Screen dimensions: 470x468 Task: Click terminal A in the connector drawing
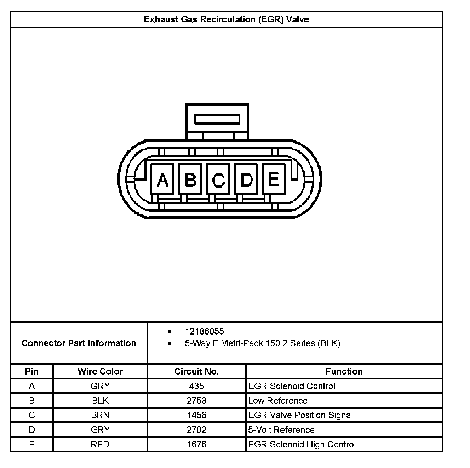click(x=162, y=179)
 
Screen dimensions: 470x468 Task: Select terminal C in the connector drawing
click(x=218, y=179)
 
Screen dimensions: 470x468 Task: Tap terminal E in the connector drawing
click(x=274, y=179)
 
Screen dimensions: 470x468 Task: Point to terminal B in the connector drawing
click(x=190, y=179)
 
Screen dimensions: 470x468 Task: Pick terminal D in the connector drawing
click(x=246, y=179)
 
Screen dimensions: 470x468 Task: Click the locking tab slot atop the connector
click(x=217, y=119)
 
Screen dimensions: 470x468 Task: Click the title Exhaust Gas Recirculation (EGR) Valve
click(x=226, y=19)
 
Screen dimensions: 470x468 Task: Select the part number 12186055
click(x=204, y=331)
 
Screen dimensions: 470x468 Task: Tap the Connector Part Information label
click(x=79, y=343)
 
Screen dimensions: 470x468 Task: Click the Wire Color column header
click(x=100, y=371)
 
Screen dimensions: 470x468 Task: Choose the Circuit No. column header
click(x=196, y=371)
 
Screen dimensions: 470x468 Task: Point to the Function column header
click(x=344, y=371)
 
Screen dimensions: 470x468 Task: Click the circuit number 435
click(x=196, y=386)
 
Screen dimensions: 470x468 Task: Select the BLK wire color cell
click(x=100, y=400)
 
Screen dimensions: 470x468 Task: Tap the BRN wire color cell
click(x=100, y=415)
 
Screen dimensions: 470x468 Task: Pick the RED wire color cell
click(x=100, y=444)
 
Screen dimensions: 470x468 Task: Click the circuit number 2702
click(x=196, y=430)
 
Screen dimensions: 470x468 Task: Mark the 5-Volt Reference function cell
click(x=281, y=430)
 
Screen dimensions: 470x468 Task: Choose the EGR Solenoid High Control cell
click(x=302, y=444)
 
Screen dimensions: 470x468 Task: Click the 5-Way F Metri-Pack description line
click(x=262, y=343)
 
